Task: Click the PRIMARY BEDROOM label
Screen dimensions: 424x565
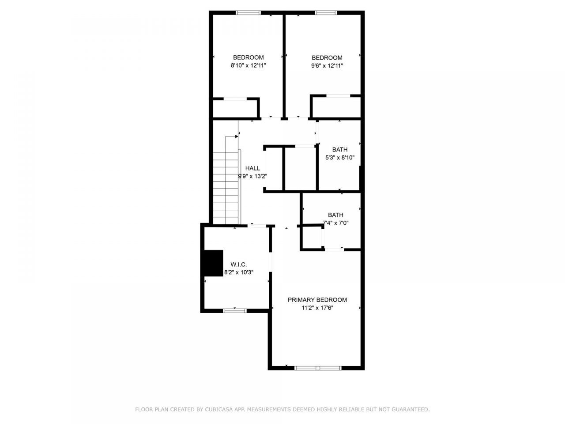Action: coord(317,300)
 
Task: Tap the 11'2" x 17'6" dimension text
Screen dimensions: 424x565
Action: coord(317,308)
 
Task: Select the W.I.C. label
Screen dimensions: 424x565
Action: coord(238,265)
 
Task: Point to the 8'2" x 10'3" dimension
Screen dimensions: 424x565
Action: coord(238,273)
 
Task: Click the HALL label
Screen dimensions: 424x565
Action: coord(252,168)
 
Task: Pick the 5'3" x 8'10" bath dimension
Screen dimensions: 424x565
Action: coord(339,157)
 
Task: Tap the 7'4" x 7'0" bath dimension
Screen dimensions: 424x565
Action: coord(335,223)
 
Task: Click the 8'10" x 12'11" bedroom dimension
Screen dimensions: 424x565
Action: coord(248,65)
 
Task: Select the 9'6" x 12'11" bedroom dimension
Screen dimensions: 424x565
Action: coord(327,65)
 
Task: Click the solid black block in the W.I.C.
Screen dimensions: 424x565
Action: coord(212,263)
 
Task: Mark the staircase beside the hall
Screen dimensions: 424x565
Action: coord(226,181)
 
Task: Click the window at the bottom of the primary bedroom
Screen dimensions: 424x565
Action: coord(318,367)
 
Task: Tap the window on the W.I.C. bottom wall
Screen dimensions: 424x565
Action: coord(234,311)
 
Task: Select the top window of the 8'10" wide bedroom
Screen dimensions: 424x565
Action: coord(249,13)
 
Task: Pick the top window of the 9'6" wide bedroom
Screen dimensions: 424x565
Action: coord(326,13)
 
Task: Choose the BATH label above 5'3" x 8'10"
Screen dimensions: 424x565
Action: coord(339,149)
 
